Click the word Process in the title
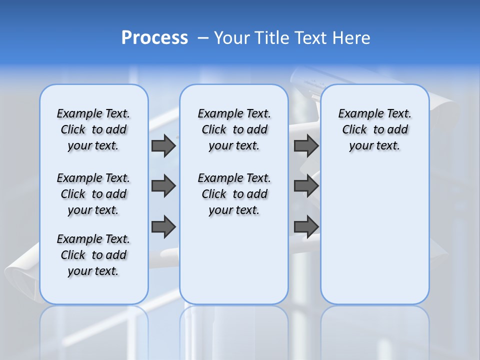(154, 38)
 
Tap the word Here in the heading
(350, 38)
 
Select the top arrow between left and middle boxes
(163, 146)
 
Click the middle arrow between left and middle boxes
(163, 186)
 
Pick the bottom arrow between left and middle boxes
(163, 226)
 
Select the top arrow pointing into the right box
(306, 146)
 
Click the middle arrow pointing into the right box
(306, 186)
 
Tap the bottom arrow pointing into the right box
(306, 226)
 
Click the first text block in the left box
(93, 129)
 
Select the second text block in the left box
(93, 194)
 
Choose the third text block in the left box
(93, 255)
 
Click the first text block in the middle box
(234, 129)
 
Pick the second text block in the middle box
(234, 194)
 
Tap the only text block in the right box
(374, 129)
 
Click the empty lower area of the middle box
(234, 260)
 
